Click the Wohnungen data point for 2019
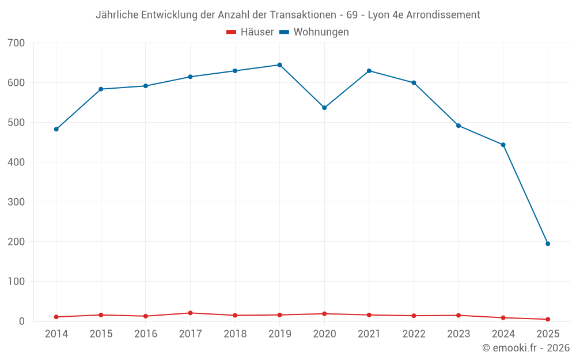pyautogui.click(x=279, y=65)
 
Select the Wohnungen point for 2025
pyautogui.click(x=548, y=244)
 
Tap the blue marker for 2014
pyautogui.click(x=56, y=129)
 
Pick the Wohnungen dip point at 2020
pyautogui.click(x=324, y=108)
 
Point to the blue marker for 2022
pyautogui.click(x=414, y=83)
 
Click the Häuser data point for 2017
pyautogui.click(x=190, y=313)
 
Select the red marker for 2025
pyautogui.click(x=548, y=319)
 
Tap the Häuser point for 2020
pyautogui.click(x=324, y=314)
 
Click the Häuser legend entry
pyautogui.click(x=250, y=32)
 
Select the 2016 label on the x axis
pyautogui.click(x=146, y=334)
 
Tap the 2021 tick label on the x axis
pyautogui.click(x=369, y=334)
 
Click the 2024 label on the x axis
pyautogui.click(x=503, y=334)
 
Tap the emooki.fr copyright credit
pyautogui.click(x=526, y=348)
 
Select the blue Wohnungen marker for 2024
pyautogui.click(x=503, y=145)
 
